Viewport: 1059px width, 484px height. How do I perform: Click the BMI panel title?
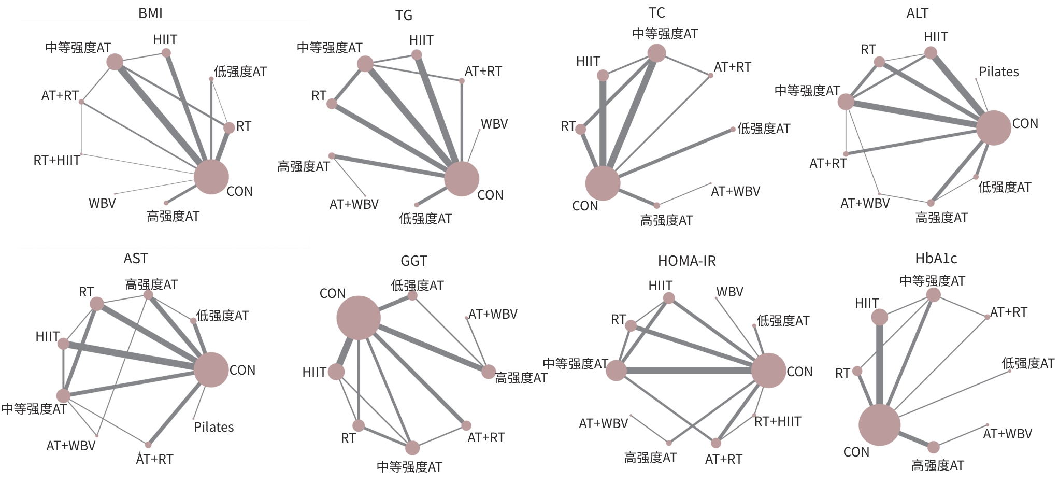[150, 13]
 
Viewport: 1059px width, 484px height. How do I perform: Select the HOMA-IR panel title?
[686, 261]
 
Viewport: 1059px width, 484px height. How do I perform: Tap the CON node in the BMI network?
[211, 177]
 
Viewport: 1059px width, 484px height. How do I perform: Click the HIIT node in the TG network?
[417, 54]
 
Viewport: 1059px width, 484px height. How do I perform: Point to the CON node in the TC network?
[603, 183]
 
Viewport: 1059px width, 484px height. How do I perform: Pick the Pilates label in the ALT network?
[998, 72]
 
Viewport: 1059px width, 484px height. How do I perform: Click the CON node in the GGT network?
[359, 318]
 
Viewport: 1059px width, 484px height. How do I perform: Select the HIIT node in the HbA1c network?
[879, 317]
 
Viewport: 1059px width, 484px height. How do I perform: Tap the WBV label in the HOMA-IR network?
[729, 292]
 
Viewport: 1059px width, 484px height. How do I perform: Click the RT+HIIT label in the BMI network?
[56, 160]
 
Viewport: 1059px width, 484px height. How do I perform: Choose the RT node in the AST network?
[97, 304]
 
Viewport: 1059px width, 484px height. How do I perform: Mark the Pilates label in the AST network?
[213, 427]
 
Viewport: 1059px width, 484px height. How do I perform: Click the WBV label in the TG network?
[494, 124]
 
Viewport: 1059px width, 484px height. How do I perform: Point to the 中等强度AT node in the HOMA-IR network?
[616, 371]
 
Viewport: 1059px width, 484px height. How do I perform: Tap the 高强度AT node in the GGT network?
[488, 372]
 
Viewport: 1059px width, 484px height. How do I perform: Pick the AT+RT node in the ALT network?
[846, 154]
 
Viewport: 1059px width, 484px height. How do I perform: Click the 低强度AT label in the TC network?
[764, 129]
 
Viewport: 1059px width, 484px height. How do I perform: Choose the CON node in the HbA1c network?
[879, 425]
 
